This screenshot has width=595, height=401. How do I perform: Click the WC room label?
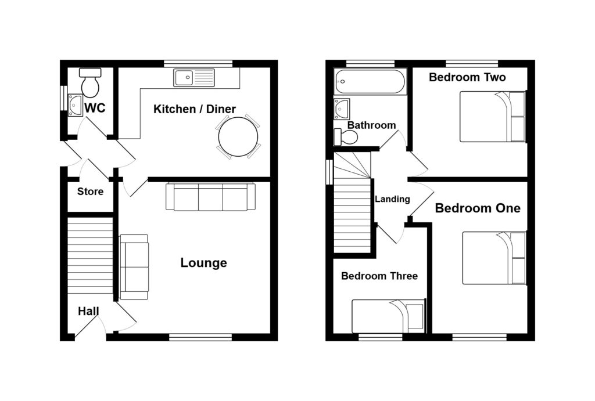(x=95, y=108)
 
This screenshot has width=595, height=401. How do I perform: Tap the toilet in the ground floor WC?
(x=90, y=84)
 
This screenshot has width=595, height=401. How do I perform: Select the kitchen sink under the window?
(x=194, y=77)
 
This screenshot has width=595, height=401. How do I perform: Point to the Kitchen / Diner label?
(x=194, y=109)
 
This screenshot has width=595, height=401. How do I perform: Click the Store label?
(x=90, y=192)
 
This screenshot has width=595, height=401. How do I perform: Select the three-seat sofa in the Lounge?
(x=210, y=197)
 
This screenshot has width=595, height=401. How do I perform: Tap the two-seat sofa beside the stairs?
(x=134, y=267)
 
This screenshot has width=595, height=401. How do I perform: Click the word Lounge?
(x=203, y=263)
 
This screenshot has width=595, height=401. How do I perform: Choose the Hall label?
(x=88, y=312)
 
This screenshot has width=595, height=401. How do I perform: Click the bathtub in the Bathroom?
(x=370, y=82)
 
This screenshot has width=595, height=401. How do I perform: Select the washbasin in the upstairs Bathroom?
(x=342, y=109)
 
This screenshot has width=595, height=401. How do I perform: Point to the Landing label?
(x=392, y=199)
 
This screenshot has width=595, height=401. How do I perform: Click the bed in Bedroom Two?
(x=493, y=116)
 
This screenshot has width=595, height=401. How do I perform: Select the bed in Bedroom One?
(x=494, y=258)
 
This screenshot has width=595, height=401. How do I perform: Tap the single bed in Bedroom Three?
(x=388, y=316)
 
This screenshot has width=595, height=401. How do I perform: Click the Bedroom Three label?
(x=379, y=276)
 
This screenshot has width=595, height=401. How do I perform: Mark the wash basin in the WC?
(x=76, y=105)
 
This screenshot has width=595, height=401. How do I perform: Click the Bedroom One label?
(x=478, y=208)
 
